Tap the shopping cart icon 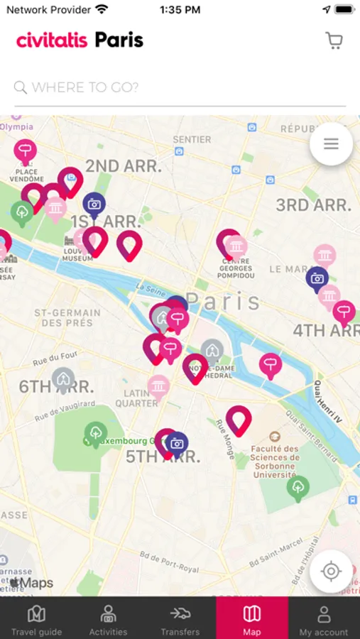click(x=334, y=40)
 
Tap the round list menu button click(x=331, y=144)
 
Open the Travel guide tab click(x=36, y=618)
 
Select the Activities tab click(x=108, y=618)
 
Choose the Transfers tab click(x=180, y=618)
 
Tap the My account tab click(x=324, y=618)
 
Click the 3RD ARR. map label click(x=313, y=206)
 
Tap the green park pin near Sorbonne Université click(x=298, y=488)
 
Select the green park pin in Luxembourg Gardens click(x=95, y=432)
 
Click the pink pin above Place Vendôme click(x=26, y=151)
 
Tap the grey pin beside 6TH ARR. click(x=63, y=378)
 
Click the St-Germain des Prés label click(x=67, y=317)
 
